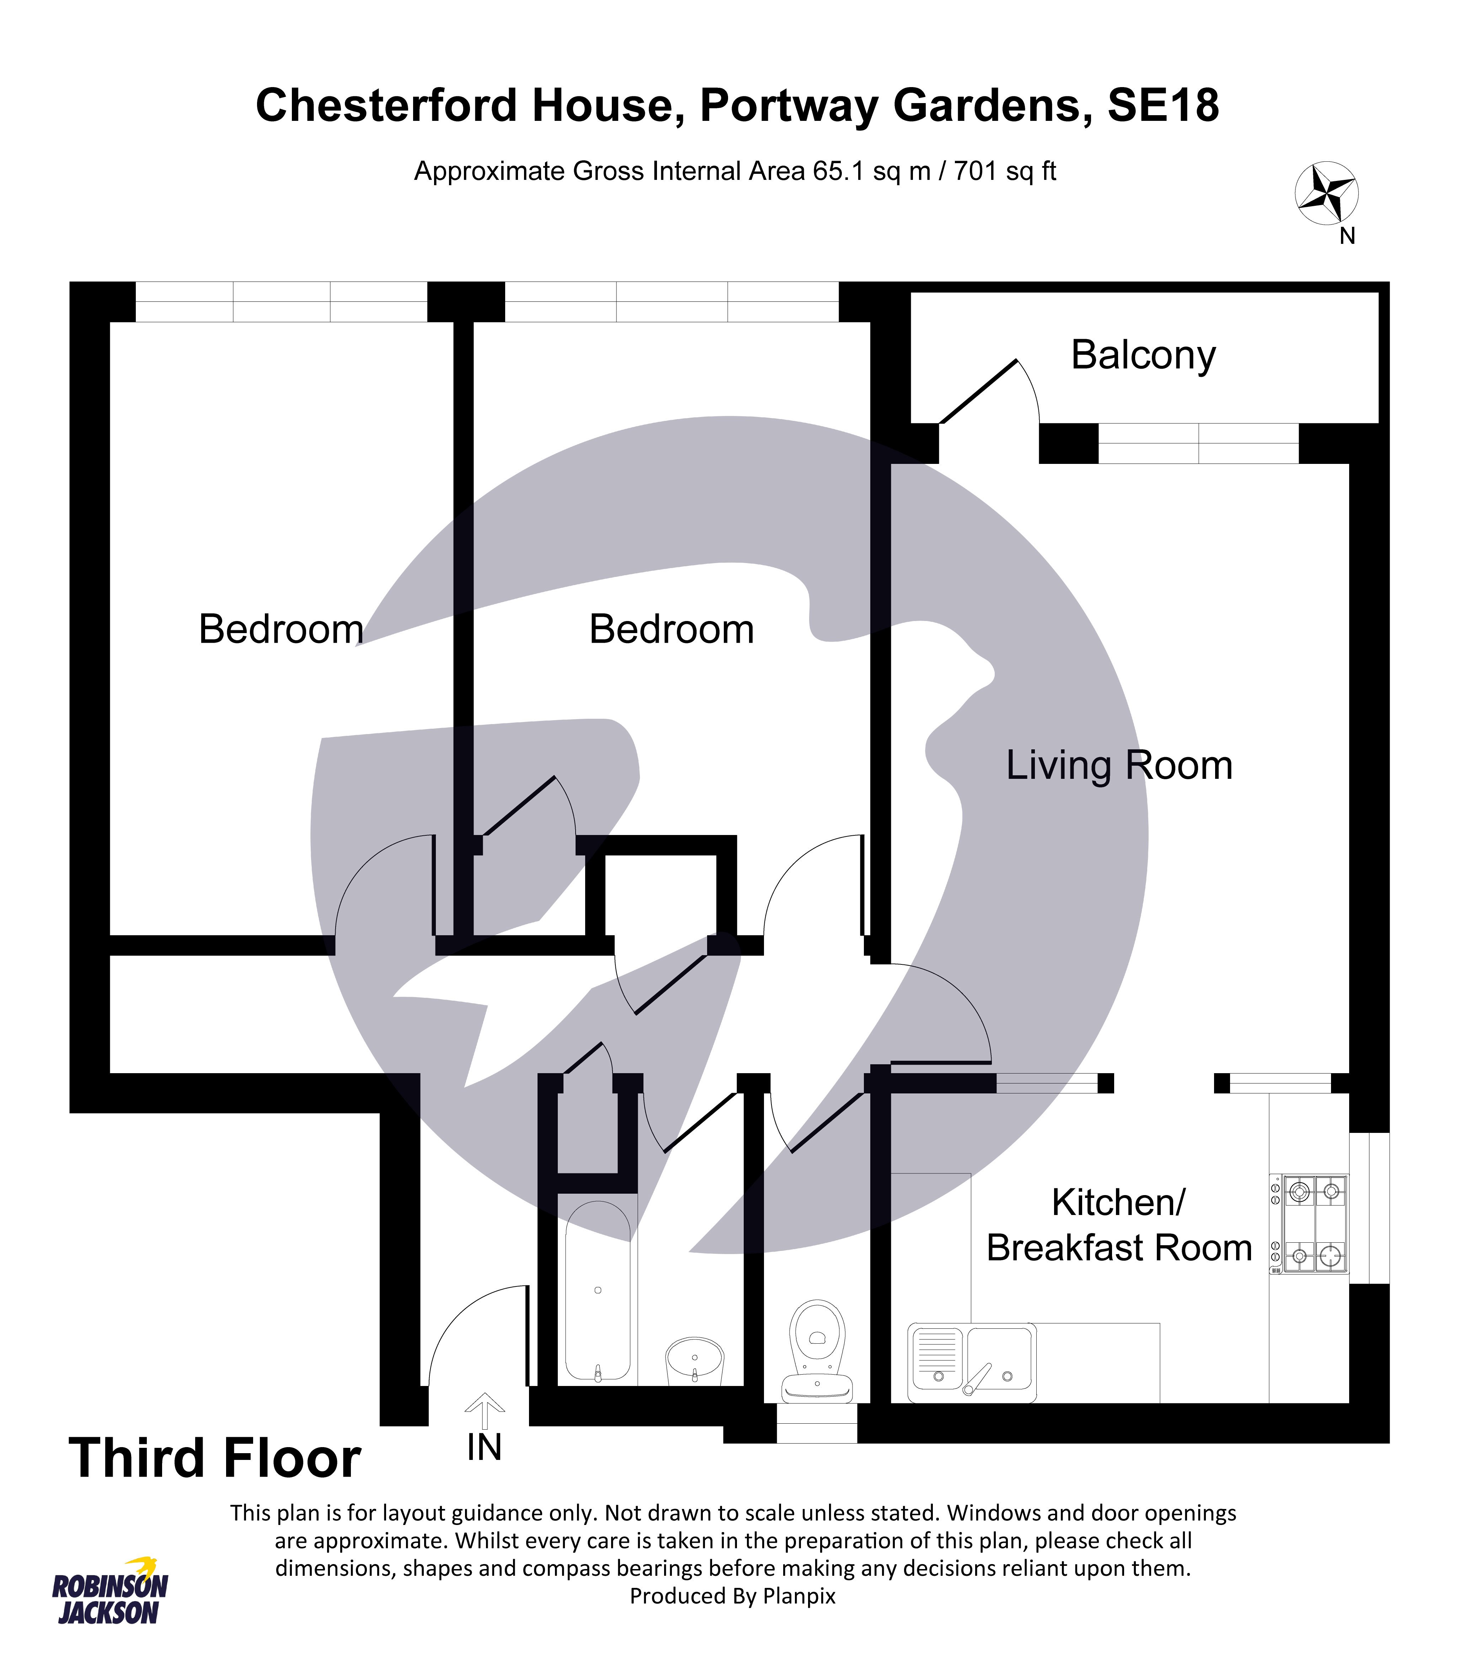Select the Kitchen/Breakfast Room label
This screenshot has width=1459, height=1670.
click(1119, 1225)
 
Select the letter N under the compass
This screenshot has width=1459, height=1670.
click(1347, 236)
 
